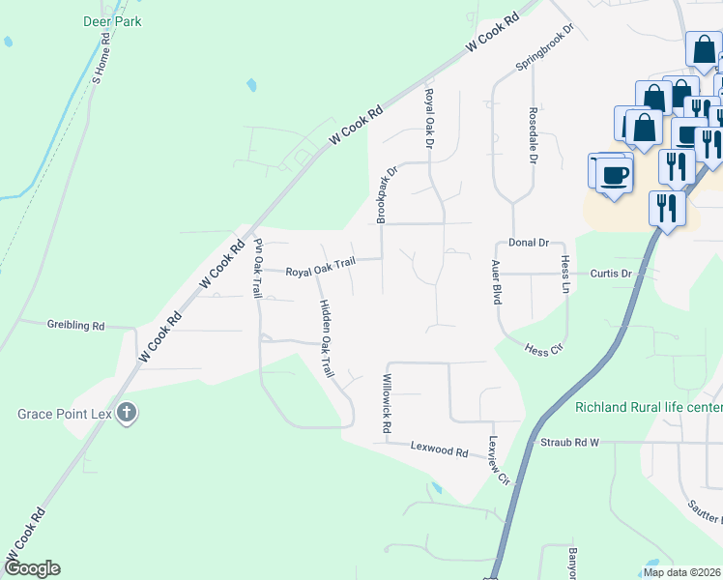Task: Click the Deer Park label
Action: (x=113, y=21)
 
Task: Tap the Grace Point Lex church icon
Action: (x=126, y=415)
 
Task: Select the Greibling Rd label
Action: (x=75, y=326)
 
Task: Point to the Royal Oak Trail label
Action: (x=320, y=272)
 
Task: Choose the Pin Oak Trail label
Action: (x=258, y=268)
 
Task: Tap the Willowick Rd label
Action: (x=387, y=402)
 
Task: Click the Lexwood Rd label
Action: (x=439, y=450)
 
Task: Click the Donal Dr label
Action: (x=529, y=243)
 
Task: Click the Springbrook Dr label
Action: (x=544, y=46)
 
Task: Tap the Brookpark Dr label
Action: (x=382, y=192)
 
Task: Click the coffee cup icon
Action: (x=613, y=175)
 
